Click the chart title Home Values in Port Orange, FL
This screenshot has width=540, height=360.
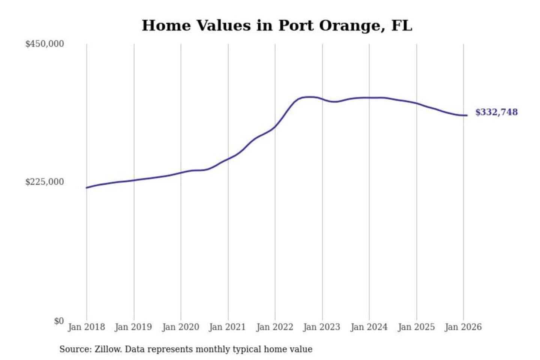tap(277, 25)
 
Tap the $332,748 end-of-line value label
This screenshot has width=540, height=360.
tap(496, 112)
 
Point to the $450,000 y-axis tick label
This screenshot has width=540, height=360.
tap(44, 44)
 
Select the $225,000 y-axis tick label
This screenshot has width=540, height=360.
tap(44, 182)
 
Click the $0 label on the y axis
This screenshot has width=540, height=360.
tap(58, 321)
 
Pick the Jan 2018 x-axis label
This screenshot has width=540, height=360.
tap(86, 327)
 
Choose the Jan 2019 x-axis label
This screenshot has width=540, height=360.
tap(133, 327)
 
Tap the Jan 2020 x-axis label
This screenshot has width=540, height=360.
tap(180, 327)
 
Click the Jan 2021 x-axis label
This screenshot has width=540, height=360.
tap(227, 327)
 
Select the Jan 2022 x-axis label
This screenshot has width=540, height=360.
tap(274, 327)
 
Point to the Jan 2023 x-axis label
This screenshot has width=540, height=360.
tap(321, 327)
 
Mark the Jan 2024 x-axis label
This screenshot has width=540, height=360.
tap(369, 327)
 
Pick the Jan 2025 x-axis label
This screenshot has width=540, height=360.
tap(416, 327)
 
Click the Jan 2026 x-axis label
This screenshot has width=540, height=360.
tap(463, 327)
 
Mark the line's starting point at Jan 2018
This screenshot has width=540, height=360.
tap(87, 187)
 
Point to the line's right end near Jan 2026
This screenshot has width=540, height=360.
tap(467, 115)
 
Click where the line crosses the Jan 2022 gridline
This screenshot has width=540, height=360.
tap(275, 127)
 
